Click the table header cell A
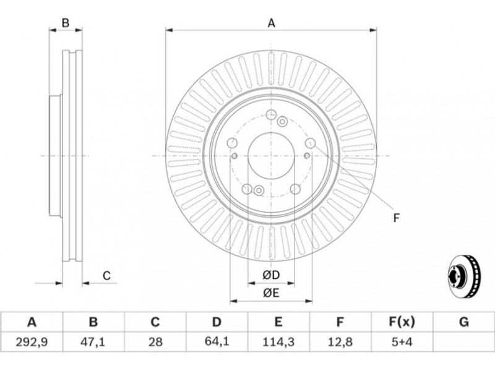click(32, 322)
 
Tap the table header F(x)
click(402, 322)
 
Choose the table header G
click(463, 322)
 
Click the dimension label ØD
click(271, 275)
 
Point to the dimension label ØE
click(271, 293)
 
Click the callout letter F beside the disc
click(397, 217)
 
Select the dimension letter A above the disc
click(271, 23)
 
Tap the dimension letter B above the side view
click(64, 23)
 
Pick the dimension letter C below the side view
click(106, 275)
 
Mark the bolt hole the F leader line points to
click(310, 144)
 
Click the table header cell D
click(217, 322)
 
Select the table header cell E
click(278, 322)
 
